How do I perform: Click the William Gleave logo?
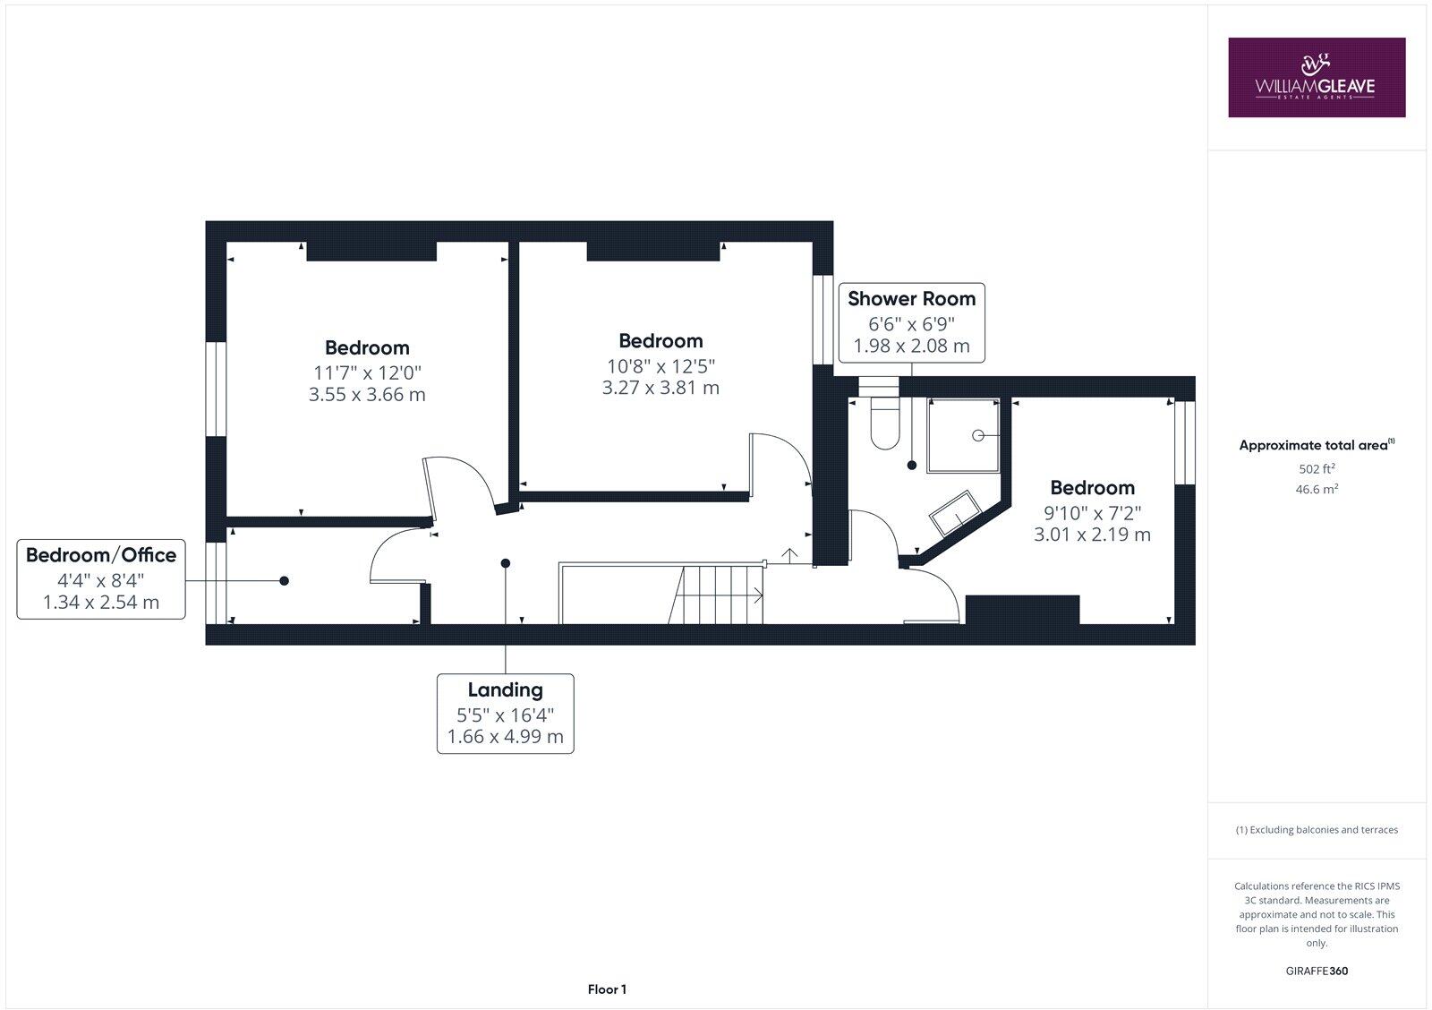click(1316, 77)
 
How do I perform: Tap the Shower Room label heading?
click(911, 298)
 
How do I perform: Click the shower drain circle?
click(977, 435)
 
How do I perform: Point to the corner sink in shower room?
click(956, 513)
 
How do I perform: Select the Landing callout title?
click(505, 689)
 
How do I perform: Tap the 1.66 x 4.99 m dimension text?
click(505, 737)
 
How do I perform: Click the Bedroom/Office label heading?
click(100, 554)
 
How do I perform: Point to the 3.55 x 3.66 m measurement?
click(367, 394)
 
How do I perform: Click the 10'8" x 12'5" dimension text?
click(661, 364)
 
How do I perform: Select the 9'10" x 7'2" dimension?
click(1092, 512)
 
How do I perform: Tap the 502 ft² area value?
click(1317, 468)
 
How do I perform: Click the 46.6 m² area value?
click(1317, 489)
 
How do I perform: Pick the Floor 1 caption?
click(607, 989)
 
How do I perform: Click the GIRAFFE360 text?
click(1317, 971)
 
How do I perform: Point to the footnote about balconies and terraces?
click(1317, 830)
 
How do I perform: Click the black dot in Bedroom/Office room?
click(285, 581)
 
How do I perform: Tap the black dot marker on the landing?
click(506, 563)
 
